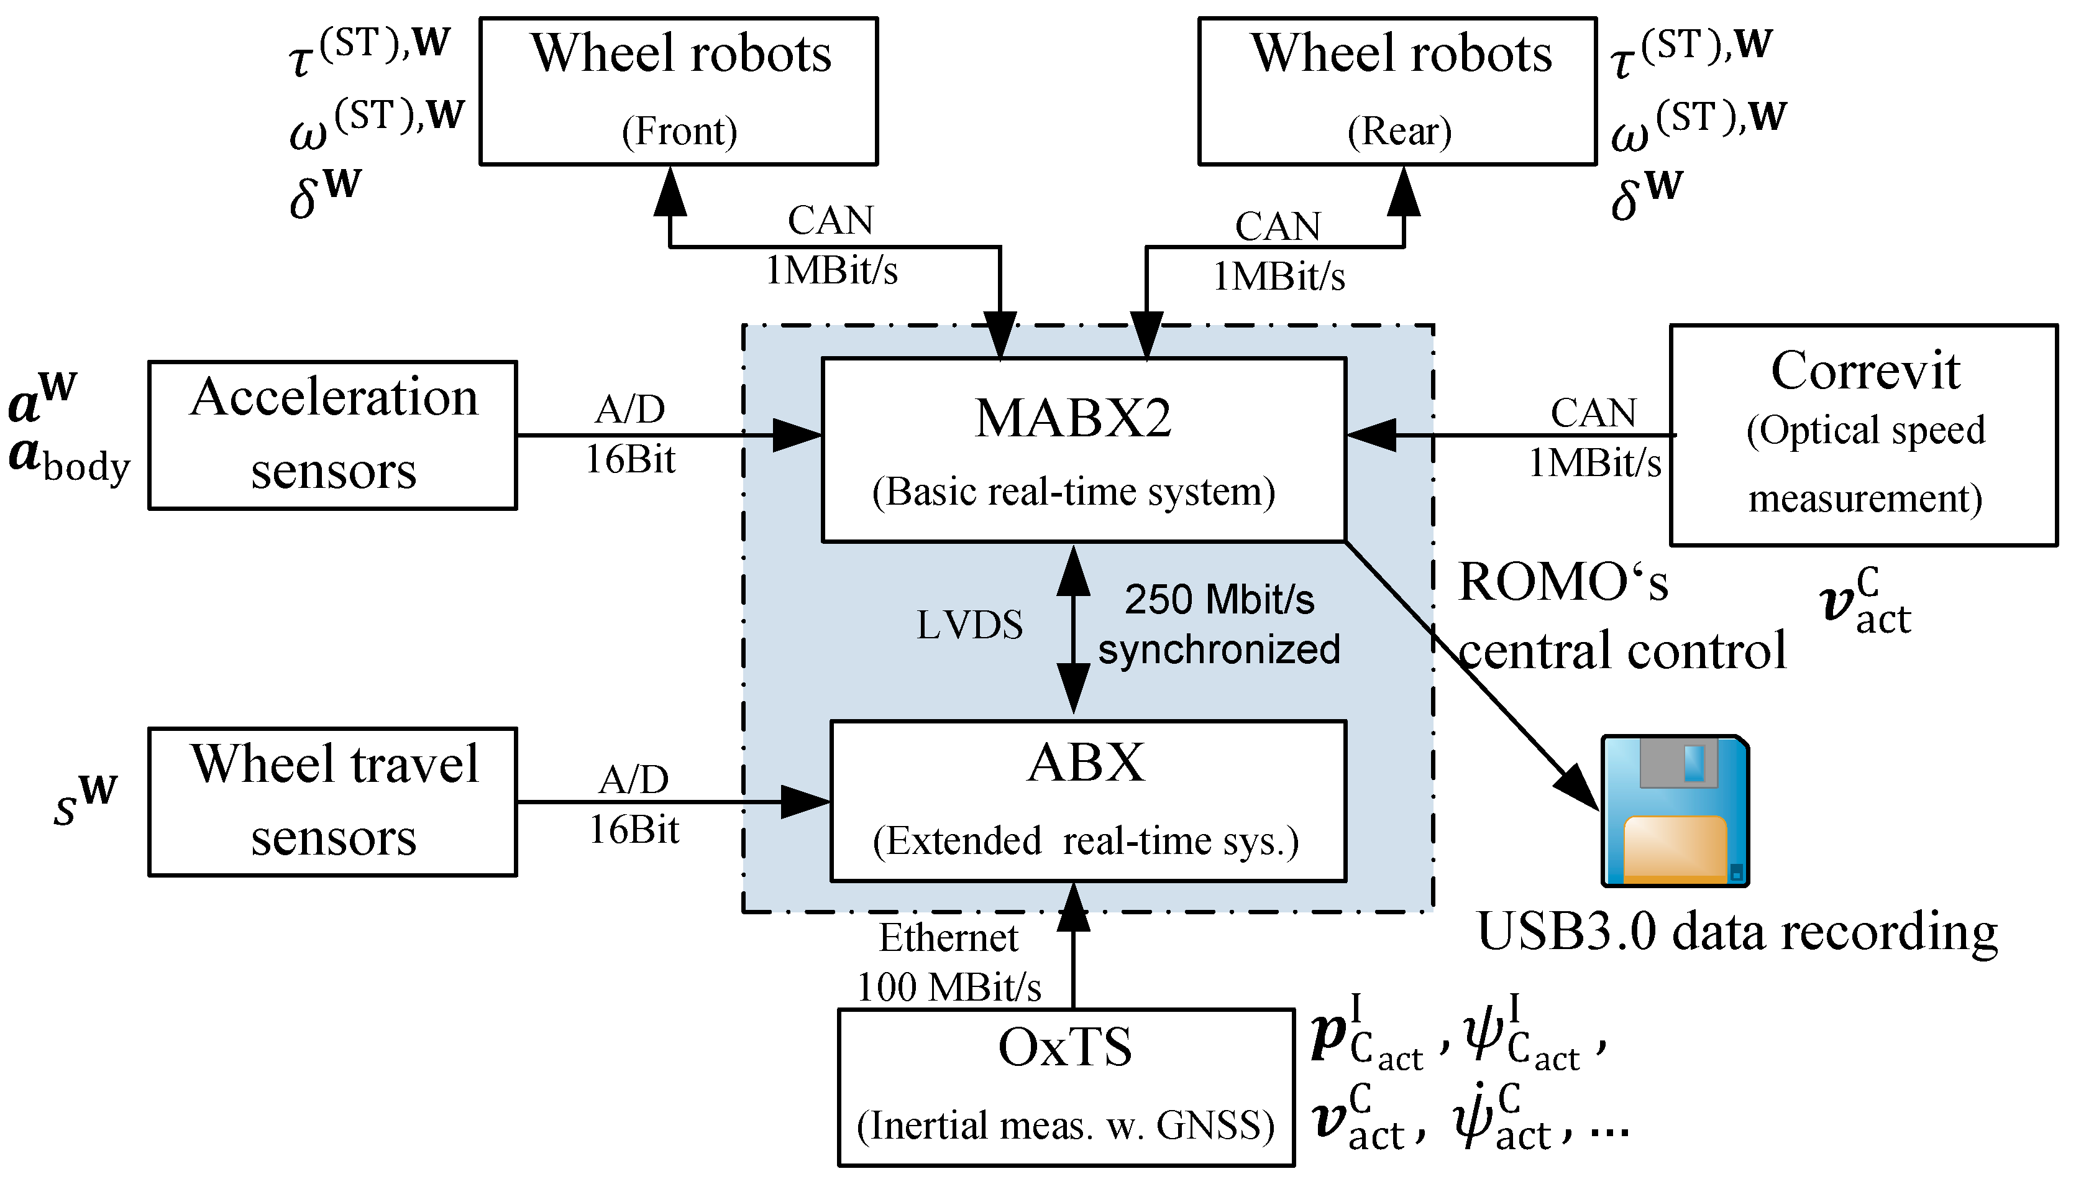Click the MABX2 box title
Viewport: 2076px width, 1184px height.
[1073, 419]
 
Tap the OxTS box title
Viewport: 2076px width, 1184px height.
[1065, 1047]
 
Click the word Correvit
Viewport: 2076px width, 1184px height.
[1865, 372]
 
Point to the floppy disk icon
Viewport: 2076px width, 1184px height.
[1675, 810]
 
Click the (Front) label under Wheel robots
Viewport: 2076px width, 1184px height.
[680, 131]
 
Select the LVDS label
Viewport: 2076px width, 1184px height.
[969, 625]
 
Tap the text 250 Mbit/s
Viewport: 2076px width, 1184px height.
[1219, 600]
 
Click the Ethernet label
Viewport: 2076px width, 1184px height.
[949, 938]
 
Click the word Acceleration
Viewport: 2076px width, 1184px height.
[334, 398]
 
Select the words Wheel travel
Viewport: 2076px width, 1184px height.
[334, 764]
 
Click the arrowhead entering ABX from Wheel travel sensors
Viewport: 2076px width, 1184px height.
[805, 802]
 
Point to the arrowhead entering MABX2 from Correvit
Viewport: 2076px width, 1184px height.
[1371, 435]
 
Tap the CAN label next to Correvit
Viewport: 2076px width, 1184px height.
[1593, 413]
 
